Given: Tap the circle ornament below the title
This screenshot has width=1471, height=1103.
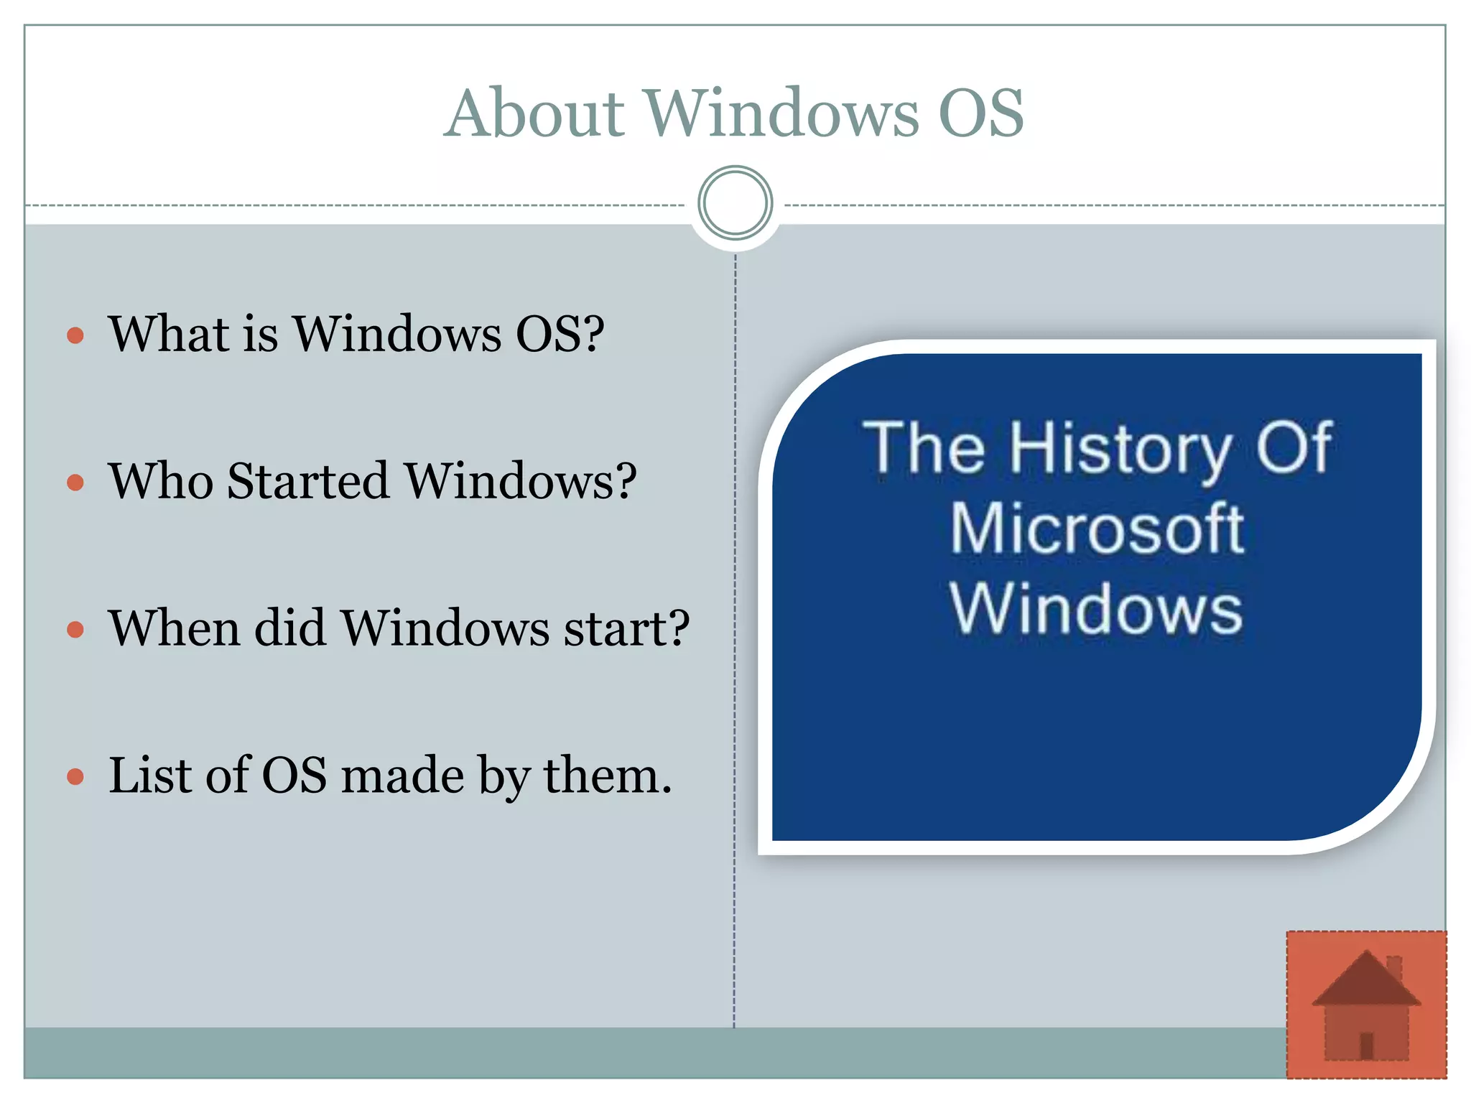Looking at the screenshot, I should click(x=735, y=203).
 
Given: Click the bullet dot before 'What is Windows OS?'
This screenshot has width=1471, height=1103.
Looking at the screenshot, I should click(x=75, y=335).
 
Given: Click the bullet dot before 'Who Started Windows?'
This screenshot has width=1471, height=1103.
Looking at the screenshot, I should click(x=75, y=482).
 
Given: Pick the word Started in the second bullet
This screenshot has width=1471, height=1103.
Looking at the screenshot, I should click(x=308, y=480).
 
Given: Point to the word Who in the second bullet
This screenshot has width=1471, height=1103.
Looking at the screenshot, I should click(x=160, y=480).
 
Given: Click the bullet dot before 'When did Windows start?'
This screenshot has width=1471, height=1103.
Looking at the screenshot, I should click(x=75, y=630).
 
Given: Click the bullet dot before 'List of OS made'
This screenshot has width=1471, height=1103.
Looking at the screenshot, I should click(x=75, y=777).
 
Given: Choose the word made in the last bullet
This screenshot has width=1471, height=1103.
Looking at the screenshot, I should click(x=402, y=776).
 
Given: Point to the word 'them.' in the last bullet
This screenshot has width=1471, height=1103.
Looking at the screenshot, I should click(x=608, y=776).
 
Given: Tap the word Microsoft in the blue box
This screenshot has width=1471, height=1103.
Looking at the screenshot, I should click(x=1097, y=529).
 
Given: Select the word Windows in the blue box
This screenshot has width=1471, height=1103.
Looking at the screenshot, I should click(x=1095, y=610).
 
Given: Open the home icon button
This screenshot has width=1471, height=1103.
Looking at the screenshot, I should click(x=1366, y=1005).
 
